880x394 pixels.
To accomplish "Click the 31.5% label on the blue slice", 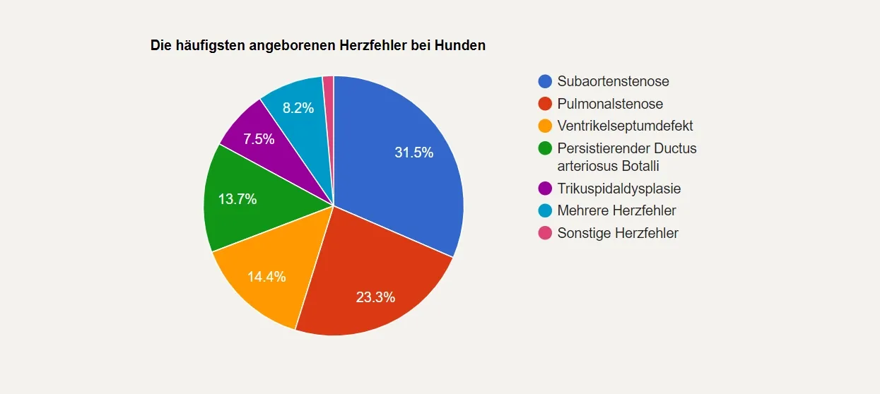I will pos(413,153).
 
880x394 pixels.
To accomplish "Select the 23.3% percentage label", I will pos(375,297).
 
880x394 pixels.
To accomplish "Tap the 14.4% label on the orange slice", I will pos(266,277).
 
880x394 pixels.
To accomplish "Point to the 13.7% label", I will pos(237,199).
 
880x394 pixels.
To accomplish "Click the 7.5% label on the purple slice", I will pos(259,139).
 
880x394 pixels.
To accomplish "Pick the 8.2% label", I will pos(298,108).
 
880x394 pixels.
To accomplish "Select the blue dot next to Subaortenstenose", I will pos(545,81).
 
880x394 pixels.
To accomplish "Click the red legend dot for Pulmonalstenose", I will pos(545,104).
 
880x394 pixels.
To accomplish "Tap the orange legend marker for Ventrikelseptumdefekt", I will pos(545,126).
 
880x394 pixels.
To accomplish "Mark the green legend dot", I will pos(545,148).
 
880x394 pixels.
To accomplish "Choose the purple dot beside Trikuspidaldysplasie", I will pos(545,189).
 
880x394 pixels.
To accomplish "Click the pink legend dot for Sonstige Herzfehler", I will pos(545,233).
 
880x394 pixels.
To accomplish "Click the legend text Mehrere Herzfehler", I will pos(616,210).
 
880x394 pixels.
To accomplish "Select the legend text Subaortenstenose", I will pos(613,81).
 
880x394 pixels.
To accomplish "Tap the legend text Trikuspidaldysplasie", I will pos(618,189).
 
